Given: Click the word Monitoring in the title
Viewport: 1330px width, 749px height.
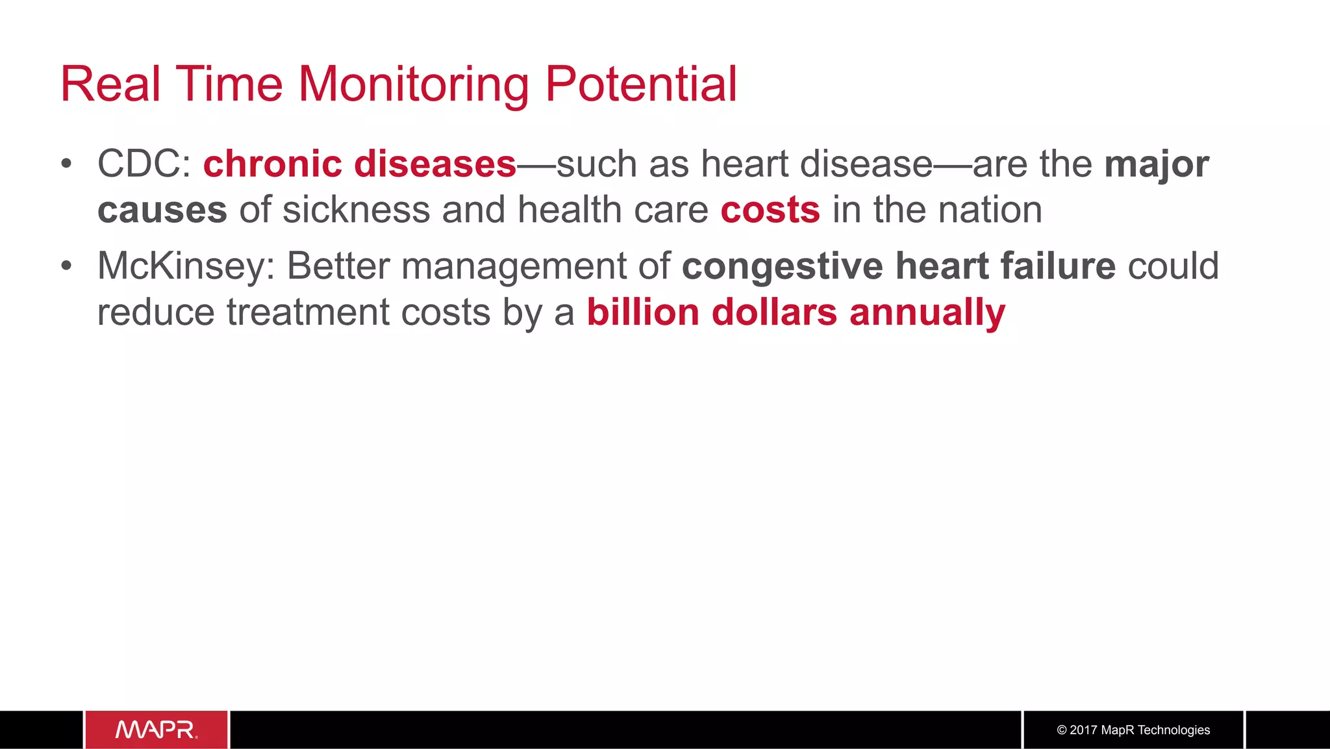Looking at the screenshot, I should (413, 85).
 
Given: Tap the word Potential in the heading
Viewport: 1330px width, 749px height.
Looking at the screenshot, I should (641, 85).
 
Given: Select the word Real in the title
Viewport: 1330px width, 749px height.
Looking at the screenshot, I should (110, 85).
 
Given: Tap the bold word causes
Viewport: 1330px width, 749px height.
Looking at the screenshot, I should (162, 210).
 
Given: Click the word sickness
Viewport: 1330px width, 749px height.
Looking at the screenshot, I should (357, 210).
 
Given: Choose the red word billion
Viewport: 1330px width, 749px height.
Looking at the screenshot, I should (643, 312).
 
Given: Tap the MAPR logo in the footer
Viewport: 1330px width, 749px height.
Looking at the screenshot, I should (157, 730).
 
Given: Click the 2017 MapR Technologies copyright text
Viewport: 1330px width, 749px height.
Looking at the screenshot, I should (1133, 730).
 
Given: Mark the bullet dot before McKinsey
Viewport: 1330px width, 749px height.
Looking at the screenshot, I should (66, 266).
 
